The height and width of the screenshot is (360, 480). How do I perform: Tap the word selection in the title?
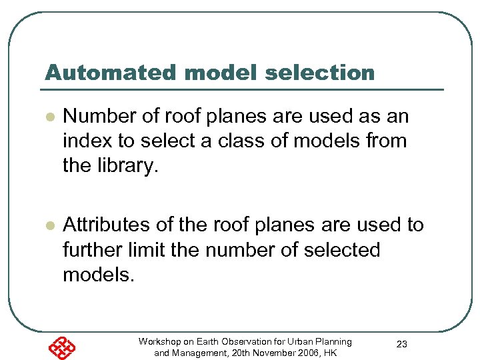click(x=320, y=73)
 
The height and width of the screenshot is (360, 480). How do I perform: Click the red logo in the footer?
click(x=61, y=346)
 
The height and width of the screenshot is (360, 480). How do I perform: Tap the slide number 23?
click(x=402, y=344)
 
